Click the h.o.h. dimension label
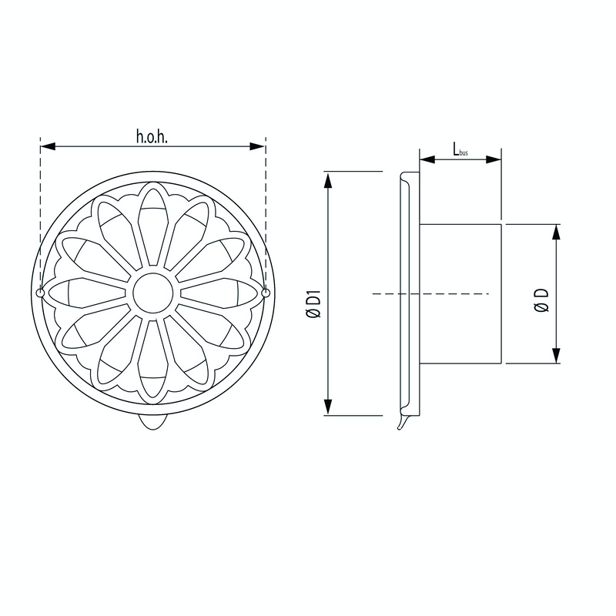152,138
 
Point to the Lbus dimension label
460,149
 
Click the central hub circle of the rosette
152,293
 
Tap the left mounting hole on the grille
40,293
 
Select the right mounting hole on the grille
265,293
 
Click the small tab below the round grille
152,423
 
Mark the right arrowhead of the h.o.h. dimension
259,146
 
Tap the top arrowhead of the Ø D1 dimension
329,178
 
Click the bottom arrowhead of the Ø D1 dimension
329,410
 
